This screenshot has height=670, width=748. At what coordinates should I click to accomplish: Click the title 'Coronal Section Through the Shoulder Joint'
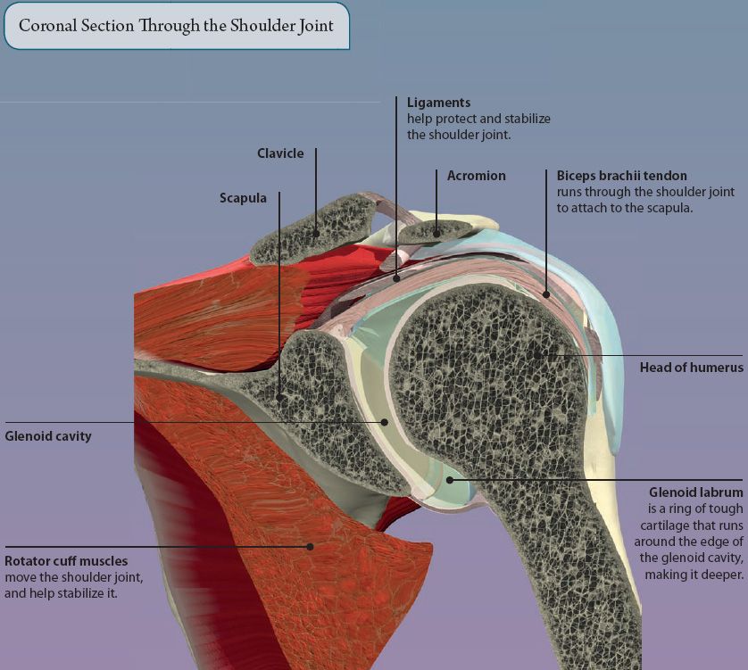176,25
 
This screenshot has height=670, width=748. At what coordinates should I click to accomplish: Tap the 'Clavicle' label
280,153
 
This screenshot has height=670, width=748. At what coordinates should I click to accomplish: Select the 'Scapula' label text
243,198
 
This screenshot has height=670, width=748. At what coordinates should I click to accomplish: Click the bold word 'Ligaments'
438,103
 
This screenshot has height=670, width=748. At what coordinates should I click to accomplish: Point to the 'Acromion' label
476,176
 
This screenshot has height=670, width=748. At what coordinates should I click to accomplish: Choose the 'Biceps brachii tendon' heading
621,176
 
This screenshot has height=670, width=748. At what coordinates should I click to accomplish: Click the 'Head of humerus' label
691,367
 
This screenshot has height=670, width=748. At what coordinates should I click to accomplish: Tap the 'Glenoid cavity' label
48,436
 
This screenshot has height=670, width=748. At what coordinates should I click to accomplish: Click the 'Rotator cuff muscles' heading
66,561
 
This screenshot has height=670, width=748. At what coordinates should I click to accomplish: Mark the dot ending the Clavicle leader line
316,234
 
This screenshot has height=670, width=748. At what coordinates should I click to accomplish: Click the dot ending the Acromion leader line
436,234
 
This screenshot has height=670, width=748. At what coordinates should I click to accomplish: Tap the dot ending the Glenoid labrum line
450,479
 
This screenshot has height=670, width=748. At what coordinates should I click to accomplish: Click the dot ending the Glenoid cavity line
385,422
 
